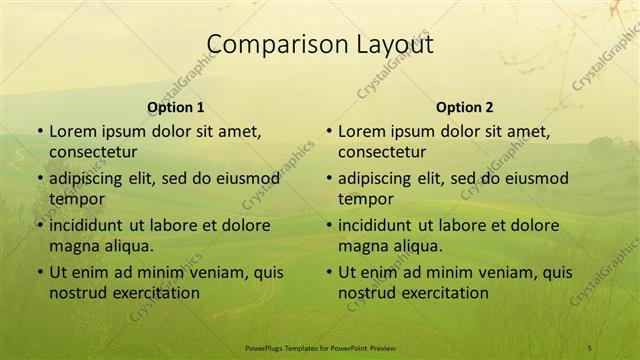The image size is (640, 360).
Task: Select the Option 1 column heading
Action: click(176, 107)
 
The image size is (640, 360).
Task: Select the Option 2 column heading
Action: click(465, 107)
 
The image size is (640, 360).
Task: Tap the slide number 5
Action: click(590, 347)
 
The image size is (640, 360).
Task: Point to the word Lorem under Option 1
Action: click(71, 131)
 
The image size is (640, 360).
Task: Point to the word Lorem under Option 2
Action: click(360, 131)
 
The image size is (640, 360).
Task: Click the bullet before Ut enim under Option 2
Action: click(328, 272)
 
